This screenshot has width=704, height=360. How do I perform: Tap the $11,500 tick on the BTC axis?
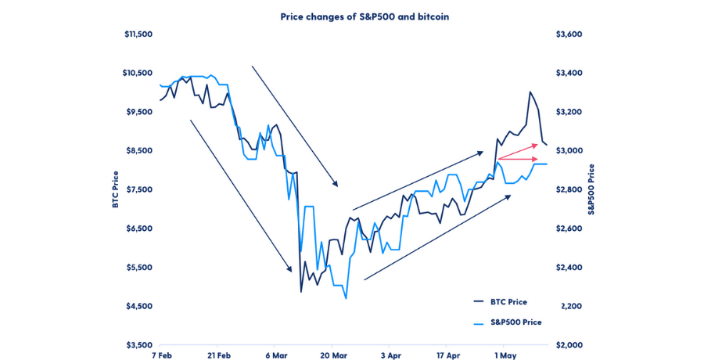tap(138, 34)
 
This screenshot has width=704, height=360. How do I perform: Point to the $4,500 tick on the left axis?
tap(139, 306)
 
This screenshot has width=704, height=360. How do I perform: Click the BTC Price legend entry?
tap(508, 302)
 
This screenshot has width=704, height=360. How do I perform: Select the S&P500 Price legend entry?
tap(515, 322)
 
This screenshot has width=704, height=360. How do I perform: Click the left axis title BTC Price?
tap(116, 189)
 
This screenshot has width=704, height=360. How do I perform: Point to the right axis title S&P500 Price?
tap(592, 189)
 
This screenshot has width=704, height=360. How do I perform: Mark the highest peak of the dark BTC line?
tap(530, 92)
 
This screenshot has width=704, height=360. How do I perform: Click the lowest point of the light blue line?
tap(346, 298)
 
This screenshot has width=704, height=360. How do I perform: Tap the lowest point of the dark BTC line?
tap(301, 292)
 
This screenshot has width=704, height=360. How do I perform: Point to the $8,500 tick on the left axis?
tap(139, 151)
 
